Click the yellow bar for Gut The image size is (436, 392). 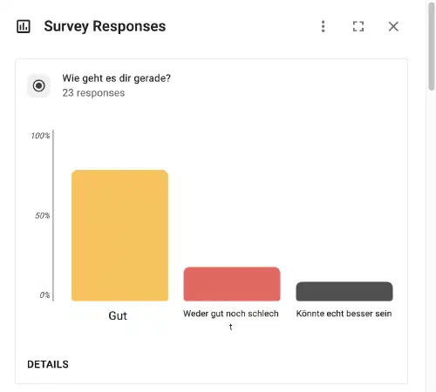(119, 235)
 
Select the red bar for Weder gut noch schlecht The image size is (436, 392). (231, 284)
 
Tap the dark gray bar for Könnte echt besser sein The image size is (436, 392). (344, 292)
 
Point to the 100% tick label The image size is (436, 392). (40, 136)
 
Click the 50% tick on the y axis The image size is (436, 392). (43, 215)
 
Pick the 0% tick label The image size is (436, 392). (44, 295)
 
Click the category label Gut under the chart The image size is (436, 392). (118, 316)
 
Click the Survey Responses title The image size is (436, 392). (105, 26)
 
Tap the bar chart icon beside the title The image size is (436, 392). (24, 26)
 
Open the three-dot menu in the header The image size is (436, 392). (324, 26)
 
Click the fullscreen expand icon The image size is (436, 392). (358, 26)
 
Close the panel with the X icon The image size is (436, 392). (393, 26)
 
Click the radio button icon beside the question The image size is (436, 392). (39, 85)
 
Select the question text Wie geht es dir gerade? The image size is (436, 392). (116, 78)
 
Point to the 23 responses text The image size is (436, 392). (93, 92)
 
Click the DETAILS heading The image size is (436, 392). (48, 364)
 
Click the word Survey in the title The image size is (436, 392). (68, 26)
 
